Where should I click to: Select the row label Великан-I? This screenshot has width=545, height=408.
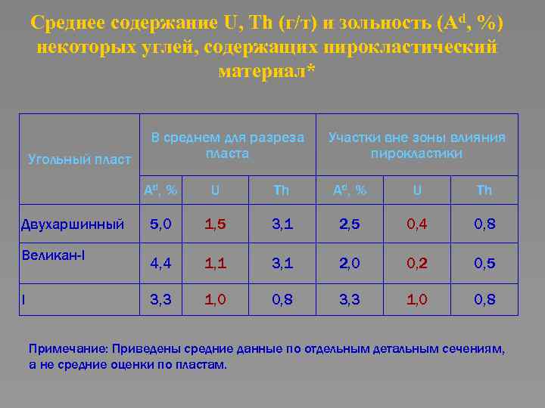[x=53, y=255]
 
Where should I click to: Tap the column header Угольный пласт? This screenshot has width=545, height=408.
[x=79, y=159]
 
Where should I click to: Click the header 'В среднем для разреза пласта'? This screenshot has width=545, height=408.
[x=228, y=145]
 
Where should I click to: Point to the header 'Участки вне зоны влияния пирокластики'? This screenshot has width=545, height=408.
[x=416, y=145]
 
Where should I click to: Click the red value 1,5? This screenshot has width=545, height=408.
[x=215, y=224]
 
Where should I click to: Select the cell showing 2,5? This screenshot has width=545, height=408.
[x=350, y=224]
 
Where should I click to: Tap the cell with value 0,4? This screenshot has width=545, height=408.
[x=417, y=224]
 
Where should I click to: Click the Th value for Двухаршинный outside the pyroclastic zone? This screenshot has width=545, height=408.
[x=484, y=224]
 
